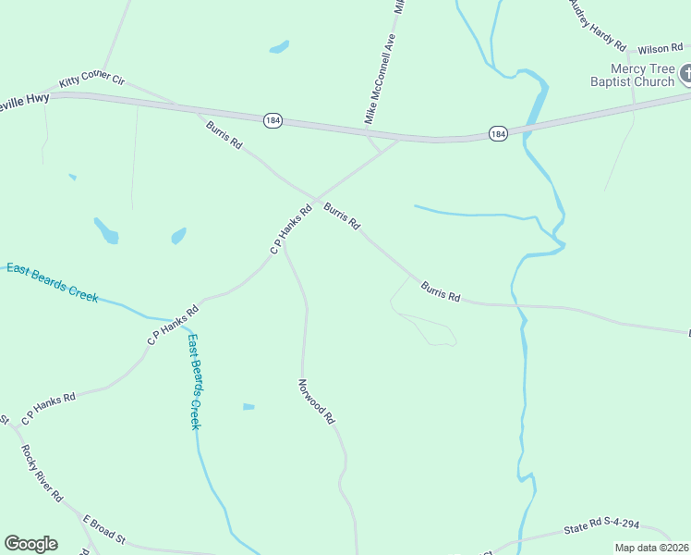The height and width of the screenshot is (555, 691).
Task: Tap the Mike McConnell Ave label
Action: (380, 80)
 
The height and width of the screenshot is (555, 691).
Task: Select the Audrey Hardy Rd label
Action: (597, 26)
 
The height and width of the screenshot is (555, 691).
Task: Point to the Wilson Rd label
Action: (659, 47)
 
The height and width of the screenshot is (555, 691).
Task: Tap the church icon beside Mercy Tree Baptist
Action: (686, 73)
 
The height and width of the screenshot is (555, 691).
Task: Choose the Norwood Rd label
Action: (317, 401)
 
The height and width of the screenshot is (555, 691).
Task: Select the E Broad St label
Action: (103, 528)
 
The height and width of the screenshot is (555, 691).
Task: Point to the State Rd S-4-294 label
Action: (601, 526)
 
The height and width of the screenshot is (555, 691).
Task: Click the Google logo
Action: (30, 544)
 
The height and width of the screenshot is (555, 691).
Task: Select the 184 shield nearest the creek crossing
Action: (498, 134)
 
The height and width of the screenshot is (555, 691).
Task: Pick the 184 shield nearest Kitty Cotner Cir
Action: (272, 120)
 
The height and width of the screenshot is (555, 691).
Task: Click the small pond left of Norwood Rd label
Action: (248, 406)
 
